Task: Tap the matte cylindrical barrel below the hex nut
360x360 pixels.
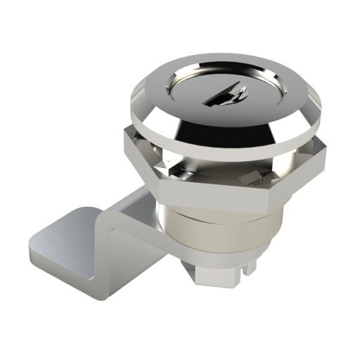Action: tap(211, 232)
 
